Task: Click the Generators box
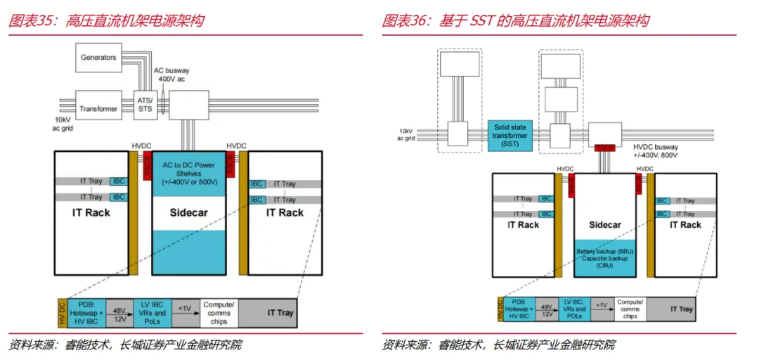coord(98,58)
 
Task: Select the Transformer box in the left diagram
coord(98,109)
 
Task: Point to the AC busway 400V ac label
coord(172,75)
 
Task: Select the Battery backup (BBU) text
coord(605,251)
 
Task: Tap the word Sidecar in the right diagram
coord(605,225)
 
